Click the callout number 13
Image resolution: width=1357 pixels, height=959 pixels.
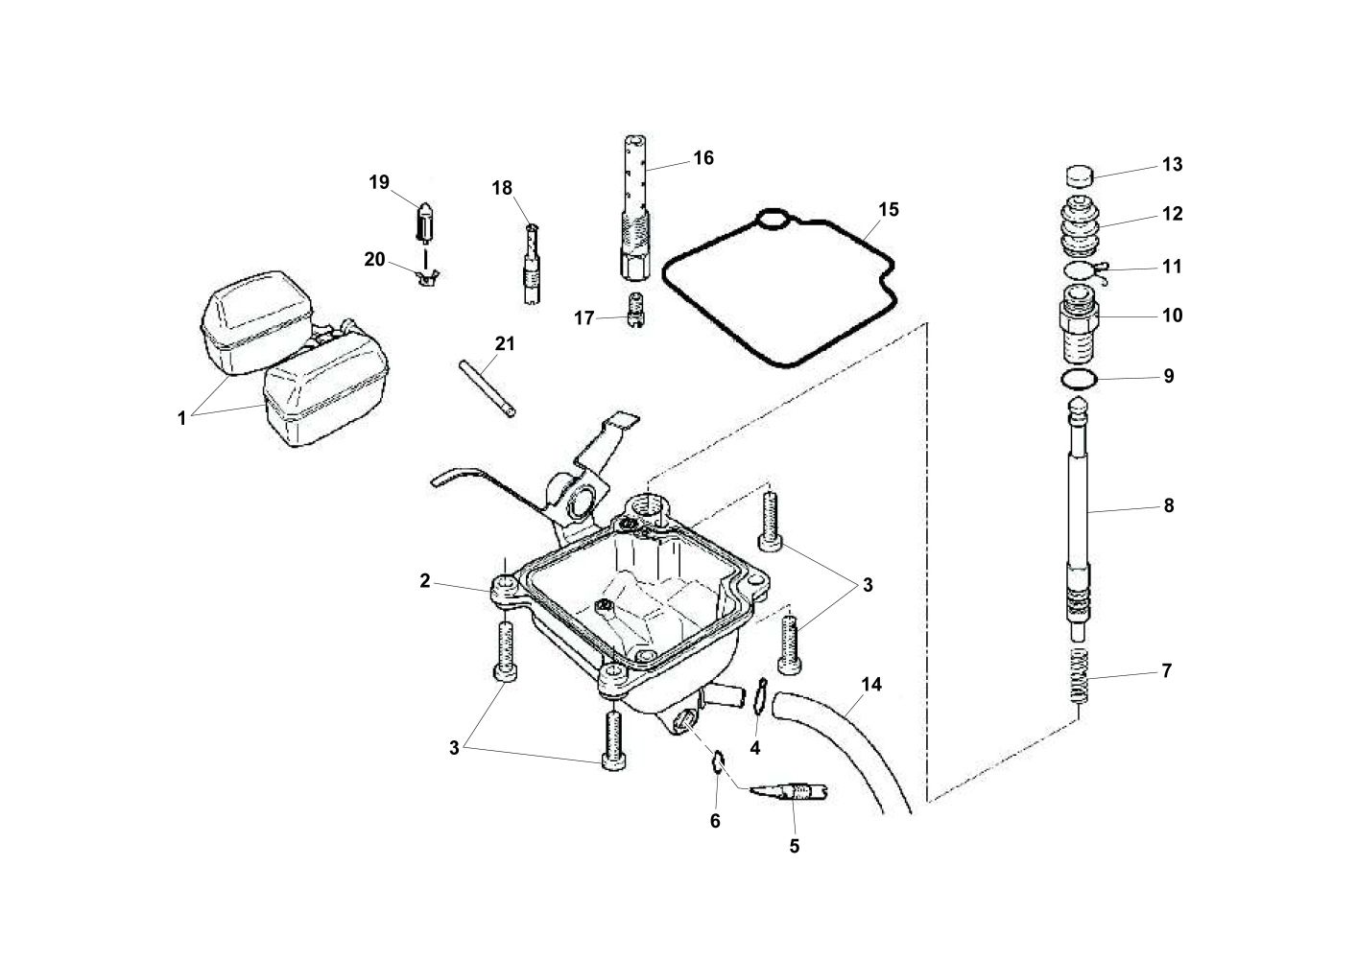coord(1172,165)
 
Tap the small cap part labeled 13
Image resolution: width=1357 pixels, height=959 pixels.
coord(1081,176)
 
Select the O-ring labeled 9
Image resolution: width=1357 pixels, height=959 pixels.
coord(1081,381)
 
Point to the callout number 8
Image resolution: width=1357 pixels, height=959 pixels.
coord(1168,505)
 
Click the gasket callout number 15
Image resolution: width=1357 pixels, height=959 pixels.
coord(889,209)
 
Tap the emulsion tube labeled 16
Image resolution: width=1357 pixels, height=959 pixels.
coord(632,206)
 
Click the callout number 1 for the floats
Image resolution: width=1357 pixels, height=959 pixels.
coord(181,419)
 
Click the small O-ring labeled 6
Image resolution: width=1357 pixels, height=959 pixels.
coord(715,761)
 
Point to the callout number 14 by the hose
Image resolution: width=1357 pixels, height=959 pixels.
coord(871,685)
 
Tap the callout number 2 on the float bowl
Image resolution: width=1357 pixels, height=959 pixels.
coord(423,580)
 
